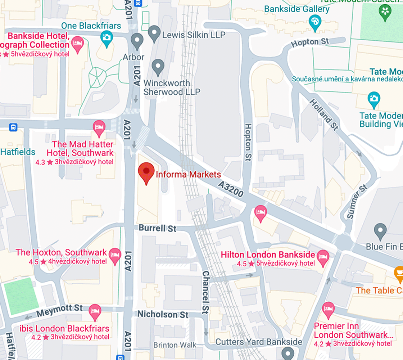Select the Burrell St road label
click(x=157, y=228)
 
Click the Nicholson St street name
click(x=163, y=314)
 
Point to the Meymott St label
click(x=59, y=310)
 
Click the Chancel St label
click(x=205, y=292)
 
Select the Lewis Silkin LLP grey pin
click(x=154, y=33)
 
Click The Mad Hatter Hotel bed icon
click(x=99, y=127)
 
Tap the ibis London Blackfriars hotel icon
click(x=95, y=312)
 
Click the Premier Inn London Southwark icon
click(x=328, y=309)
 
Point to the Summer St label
click(x=357, y=202)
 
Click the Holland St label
click(x=324, y=114)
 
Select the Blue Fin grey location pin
click(x=380, y=231)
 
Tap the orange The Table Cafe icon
click(x=399, y=274)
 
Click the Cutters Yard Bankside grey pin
click(x=287, y=352)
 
